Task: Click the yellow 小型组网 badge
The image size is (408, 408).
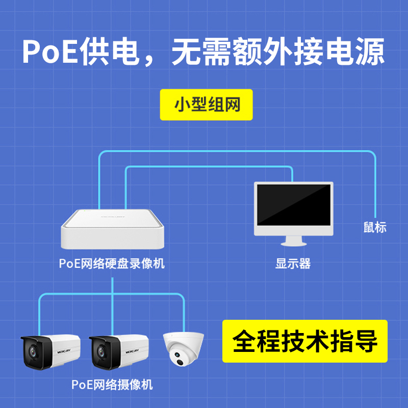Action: click(x=206, y=105)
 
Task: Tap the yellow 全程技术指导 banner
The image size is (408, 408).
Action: click(x=304, y=341)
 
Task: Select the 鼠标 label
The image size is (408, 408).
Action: click(x=375, y=227)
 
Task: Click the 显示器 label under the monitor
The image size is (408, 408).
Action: click(x=293, y=264)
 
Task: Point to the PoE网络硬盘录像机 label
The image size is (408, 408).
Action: click(x=112, y=264)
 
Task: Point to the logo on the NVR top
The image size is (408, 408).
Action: click(x=113, y=216)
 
